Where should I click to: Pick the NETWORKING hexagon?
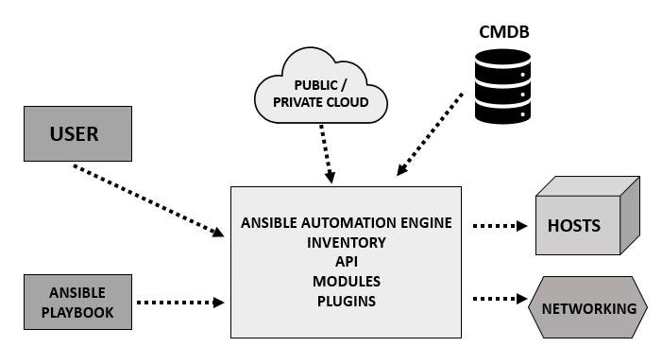click(x=587, y=308)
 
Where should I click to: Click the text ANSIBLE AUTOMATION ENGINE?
click(x=346, y=224)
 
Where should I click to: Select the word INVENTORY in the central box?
click(x=346, y=243)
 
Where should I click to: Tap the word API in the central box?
click(x=346, y=262)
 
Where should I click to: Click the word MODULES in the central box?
click(x=346, y=282)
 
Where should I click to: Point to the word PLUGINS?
click(x=346, y=301)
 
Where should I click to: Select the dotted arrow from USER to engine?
click(x=148, y=199)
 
